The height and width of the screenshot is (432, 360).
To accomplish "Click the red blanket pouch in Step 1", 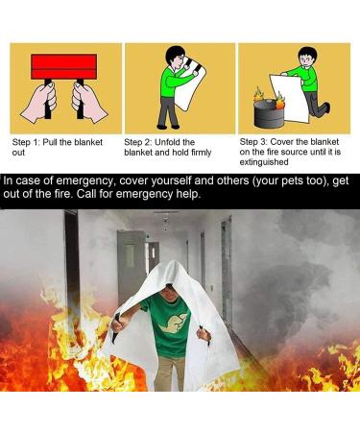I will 64,66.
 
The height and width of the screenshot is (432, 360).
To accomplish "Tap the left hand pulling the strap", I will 36,100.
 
